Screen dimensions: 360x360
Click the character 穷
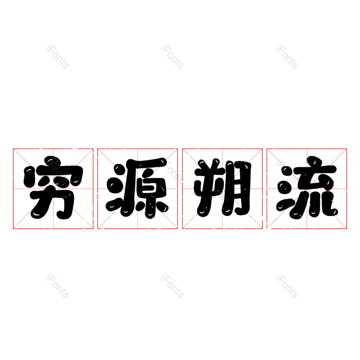pyautogui.click(x=53, y=187)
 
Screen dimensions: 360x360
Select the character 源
pyautogui.click(x=137, y=188)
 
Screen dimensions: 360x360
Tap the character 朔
pyautogui.click(x=222, y=187)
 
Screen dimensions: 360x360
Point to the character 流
pyautogui.click(x=307, y=187)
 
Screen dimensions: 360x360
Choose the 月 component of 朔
pyautogui.click(x=238, y=188)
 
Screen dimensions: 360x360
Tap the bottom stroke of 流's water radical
pyautogui.click(x=285, y=205)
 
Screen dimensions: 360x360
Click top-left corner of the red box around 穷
pyautogui.click(x=13, y=149)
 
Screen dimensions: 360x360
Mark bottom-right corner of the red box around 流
pyautogui.click(x=346, y=229)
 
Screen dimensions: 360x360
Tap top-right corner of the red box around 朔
pyautogui.click(x=262, y=149)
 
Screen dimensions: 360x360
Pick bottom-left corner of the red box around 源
pyautogui.click(x=98, y=229)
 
